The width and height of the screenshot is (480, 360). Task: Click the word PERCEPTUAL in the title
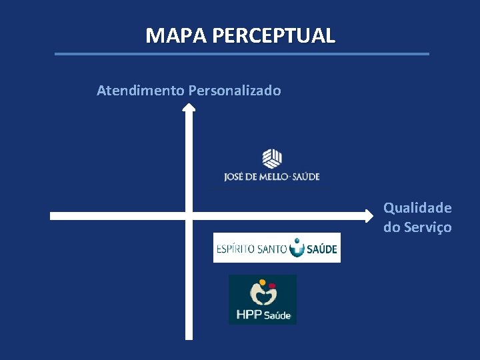273,35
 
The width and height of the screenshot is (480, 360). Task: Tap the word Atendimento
141,90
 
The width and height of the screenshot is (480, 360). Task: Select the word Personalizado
235,90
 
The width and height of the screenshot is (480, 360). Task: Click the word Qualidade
417,208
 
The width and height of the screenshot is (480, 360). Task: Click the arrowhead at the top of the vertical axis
189,108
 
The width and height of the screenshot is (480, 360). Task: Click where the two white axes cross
189,215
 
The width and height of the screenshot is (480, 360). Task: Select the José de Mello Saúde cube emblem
271,158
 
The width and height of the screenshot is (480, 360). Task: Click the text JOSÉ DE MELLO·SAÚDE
272,177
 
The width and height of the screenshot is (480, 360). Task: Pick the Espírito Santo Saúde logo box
277,248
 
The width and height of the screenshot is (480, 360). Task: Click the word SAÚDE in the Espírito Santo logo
322,250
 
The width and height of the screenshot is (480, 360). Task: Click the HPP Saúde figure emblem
263,293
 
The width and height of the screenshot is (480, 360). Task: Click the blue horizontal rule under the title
241,54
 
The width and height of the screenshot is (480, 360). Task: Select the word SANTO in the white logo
271,250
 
